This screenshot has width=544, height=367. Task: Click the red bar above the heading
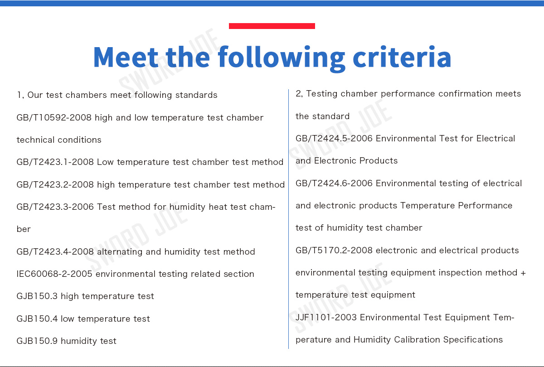(x=272, y=26)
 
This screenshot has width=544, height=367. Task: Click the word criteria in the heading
(x=402, y=57)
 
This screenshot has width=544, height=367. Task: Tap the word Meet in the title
(x=126, y=57)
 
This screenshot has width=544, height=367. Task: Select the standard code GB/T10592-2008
(x=54, y=117)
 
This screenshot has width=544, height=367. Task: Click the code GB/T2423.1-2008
(x=55, y=162)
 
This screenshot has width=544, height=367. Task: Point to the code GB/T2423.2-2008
(x=55, y=184)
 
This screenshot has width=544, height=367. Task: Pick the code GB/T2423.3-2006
(x=55, y=207)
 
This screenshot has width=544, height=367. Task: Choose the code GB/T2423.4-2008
(x=55, y=251)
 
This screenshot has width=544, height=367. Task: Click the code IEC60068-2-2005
(x=54, y=274)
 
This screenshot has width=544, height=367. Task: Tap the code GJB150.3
(x=37, y=296)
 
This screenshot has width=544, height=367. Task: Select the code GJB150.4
(x=37, y=319)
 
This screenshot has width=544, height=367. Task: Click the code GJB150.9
(x=37, y=341)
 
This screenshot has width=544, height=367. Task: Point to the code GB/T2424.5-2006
(x=334, y=138)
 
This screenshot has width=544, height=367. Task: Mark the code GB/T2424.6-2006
(x=334, y=183)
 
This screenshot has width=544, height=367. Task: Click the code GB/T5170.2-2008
(x=334, y=250)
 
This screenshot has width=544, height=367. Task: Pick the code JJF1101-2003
(x=326, y=317)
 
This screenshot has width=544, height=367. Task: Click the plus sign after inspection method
(x=523, y=273)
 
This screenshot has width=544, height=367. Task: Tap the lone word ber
(x=24, y=229)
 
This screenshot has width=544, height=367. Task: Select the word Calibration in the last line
(x=417, y=339)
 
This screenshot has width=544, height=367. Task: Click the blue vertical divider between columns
(x=288, y=219)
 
